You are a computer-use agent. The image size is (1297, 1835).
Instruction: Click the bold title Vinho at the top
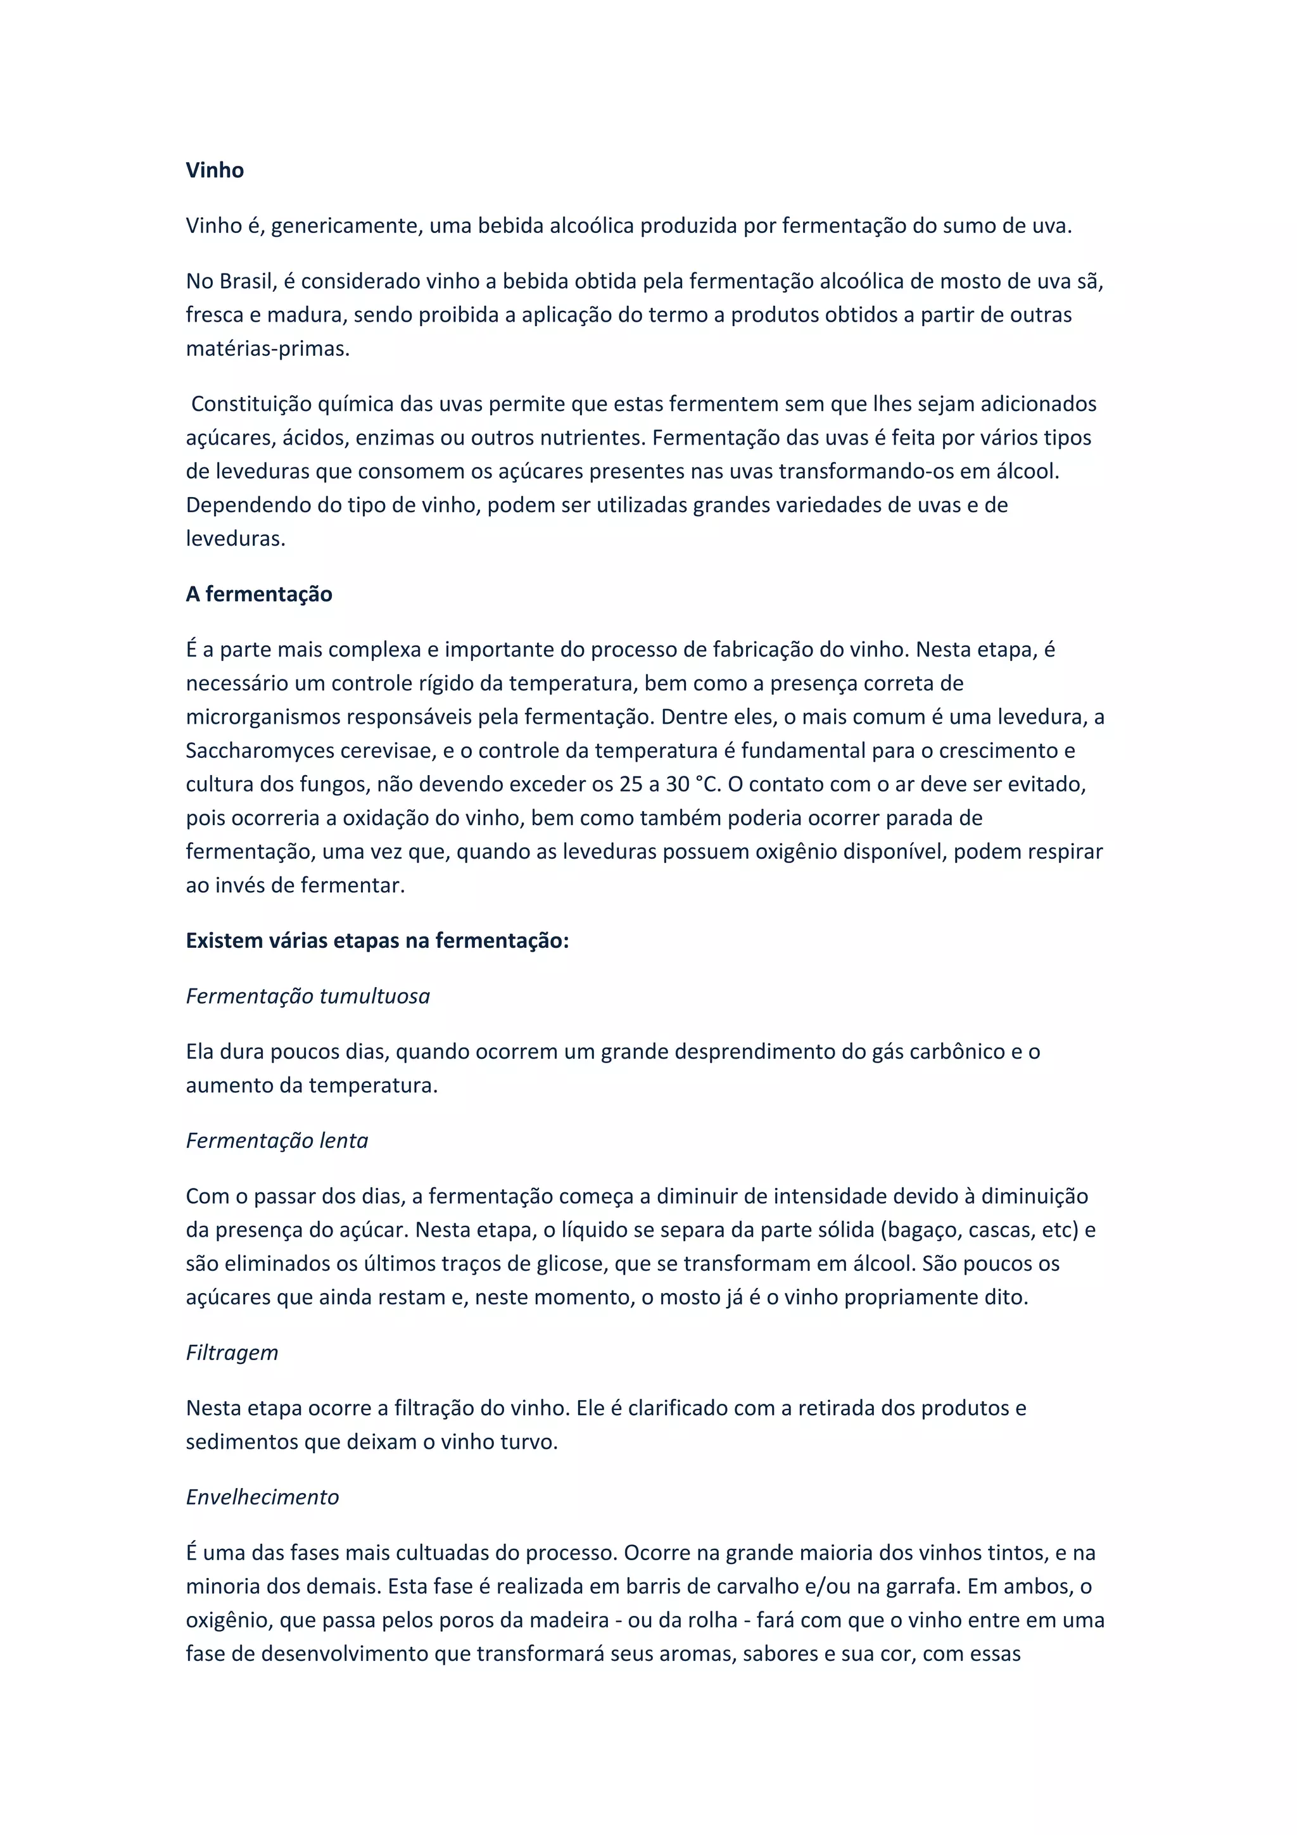(214, 170)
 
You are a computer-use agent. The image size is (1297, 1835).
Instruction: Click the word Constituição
(251, 405)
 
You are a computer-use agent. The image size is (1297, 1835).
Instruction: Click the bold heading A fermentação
(259, 594)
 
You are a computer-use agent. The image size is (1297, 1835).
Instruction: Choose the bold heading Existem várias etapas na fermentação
(377, 941)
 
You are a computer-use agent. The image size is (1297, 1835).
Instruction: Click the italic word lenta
(344, 1140)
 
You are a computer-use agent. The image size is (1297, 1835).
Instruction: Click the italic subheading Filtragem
(232, 1353)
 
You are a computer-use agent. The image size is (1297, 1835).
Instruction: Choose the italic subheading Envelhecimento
(262, 1497)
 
